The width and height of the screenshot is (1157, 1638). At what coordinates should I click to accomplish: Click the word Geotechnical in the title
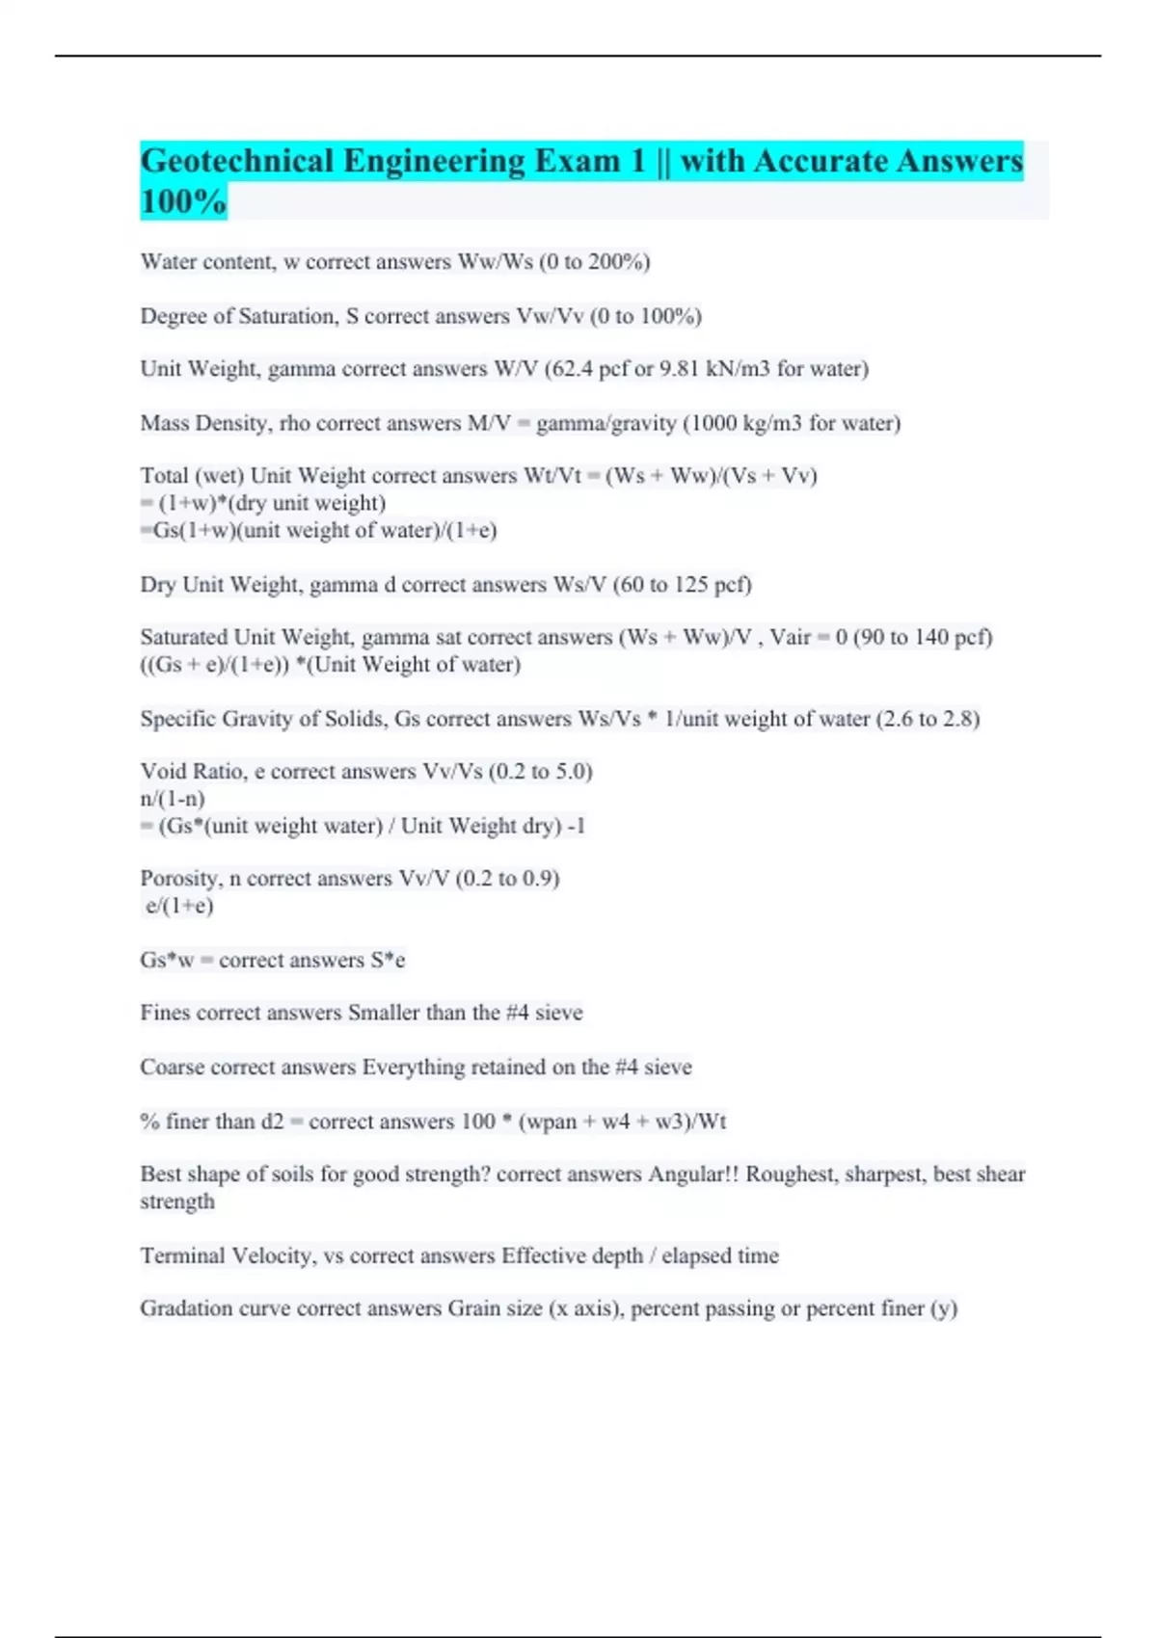point(236,161)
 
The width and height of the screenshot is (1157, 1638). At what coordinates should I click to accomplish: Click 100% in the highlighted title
point(183,202)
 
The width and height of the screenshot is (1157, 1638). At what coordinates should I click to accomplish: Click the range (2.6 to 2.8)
point(928,719)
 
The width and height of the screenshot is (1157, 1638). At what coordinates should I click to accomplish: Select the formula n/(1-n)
point(173,799)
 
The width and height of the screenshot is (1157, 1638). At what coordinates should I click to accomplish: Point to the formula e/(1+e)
point(180,906)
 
